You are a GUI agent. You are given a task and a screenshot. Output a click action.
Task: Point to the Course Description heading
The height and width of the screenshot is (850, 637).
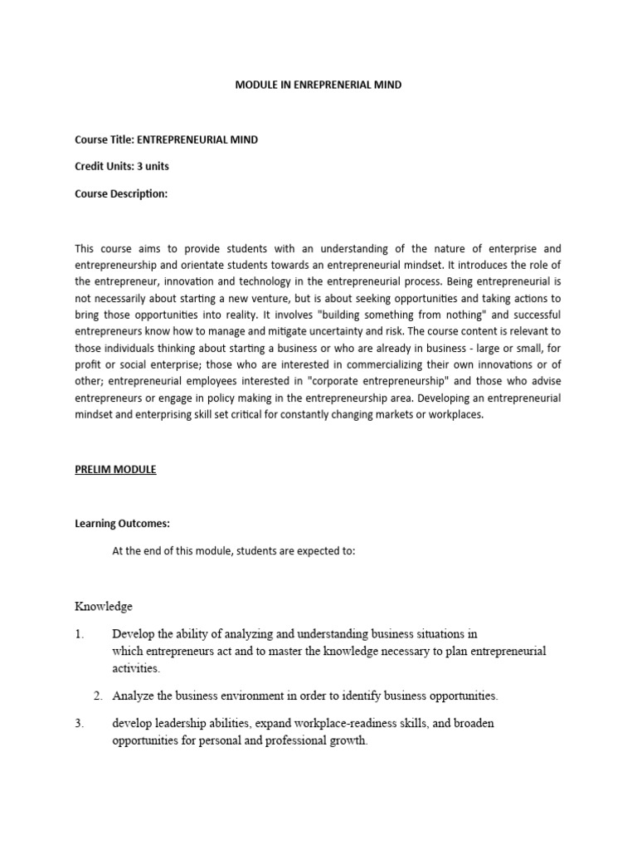[121, 193]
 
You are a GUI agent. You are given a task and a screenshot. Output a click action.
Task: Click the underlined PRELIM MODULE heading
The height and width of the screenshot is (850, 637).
[115, 469]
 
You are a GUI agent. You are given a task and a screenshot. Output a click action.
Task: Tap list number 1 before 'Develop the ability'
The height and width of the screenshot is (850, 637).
[80, 634]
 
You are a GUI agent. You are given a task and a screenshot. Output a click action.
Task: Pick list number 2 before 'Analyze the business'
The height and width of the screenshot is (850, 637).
[97, 695]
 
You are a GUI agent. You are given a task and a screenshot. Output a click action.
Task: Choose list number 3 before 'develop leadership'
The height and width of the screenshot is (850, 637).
[80, 723]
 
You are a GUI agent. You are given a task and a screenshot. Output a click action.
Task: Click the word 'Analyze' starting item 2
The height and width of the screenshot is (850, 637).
[133, 695]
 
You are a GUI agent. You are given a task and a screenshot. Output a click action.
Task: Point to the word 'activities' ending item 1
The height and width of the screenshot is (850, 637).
[136, 667]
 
